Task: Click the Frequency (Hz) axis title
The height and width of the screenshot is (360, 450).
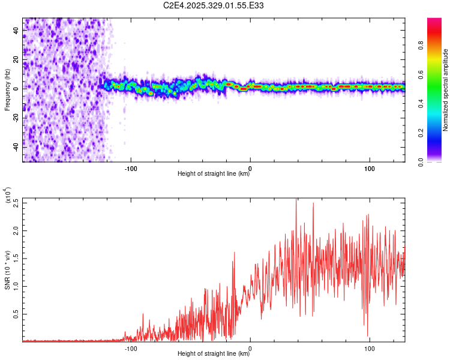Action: click(7, 90)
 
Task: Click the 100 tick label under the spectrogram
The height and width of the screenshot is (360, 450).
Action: click(370, 167)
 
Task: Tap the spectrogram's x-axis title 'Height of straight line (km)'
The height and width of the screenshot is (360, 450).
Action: click(214, 175)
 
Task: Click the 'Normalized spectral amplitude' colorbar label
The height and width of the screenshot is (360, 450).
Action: click(446, 90)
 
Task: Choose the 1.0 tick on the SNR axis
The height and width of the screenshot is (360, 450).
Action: click(16, 286)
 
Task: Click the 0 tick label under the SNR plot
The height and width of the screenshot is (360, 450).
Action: click(250, 347)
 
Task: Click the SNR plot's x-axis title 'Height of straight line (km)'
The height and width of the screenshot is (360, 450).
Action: click(214, 355)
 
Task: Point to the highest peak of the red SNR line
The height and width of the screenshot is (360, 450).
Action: click(296, 199)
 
